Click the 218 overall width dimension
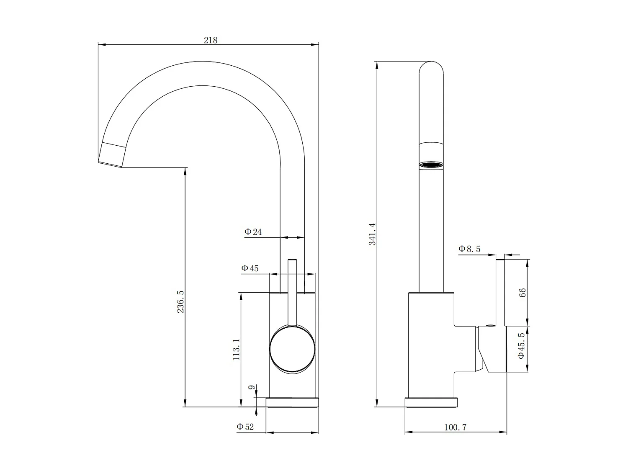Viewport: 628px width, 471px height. pyautogui.click(x=211, y=40)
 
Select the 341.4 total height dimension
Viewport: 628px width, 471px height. pyautogui.click(x=372, y=234)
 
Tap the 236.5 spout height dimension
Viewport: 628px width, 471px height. pyautogui.click(x=180, y=301)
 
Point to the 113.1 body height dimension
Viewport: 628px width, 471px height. pyautogui.click(x=236, y=350)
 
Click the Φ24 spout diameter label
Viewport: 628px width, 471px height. pyautogui.click(x=253, y=232)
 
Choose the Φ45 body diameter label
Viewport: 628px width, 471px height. pyautogui.click(x=250, y=268)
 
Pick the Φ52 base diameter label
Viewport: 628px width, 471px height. pyautogui.click(x=245, y=427)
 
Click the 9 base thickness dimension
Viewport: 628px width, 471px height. pyautogui.click(x=251, y=388)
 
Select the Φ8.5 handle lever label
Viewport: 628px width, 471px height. pyautogui.click(x=469, y=249)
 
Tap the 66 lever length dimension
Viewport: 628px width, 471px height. pyautogui.click(x=522, y=293)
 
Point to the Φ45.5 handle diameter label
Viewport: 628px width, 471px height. pyautogui.click(x=521, y=346)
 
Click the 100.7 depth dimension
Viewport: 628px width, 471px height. pyautogui.click(x=455, y=427)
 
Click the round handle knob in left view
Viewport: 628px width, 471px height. pyautogui.click(x=292, y=350)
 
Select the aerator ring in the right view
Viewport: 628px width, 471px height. pyautogui.click(x=431, y=165)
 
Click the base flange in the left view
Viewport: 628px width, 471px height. pyautogui.click(x=292, y=402)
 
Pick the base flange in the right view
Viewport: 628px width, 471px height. pyautogui.click(x=431, y=402)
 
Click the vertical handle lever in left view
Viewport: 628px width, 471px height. pyautogui.click(x=292, y=293)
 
